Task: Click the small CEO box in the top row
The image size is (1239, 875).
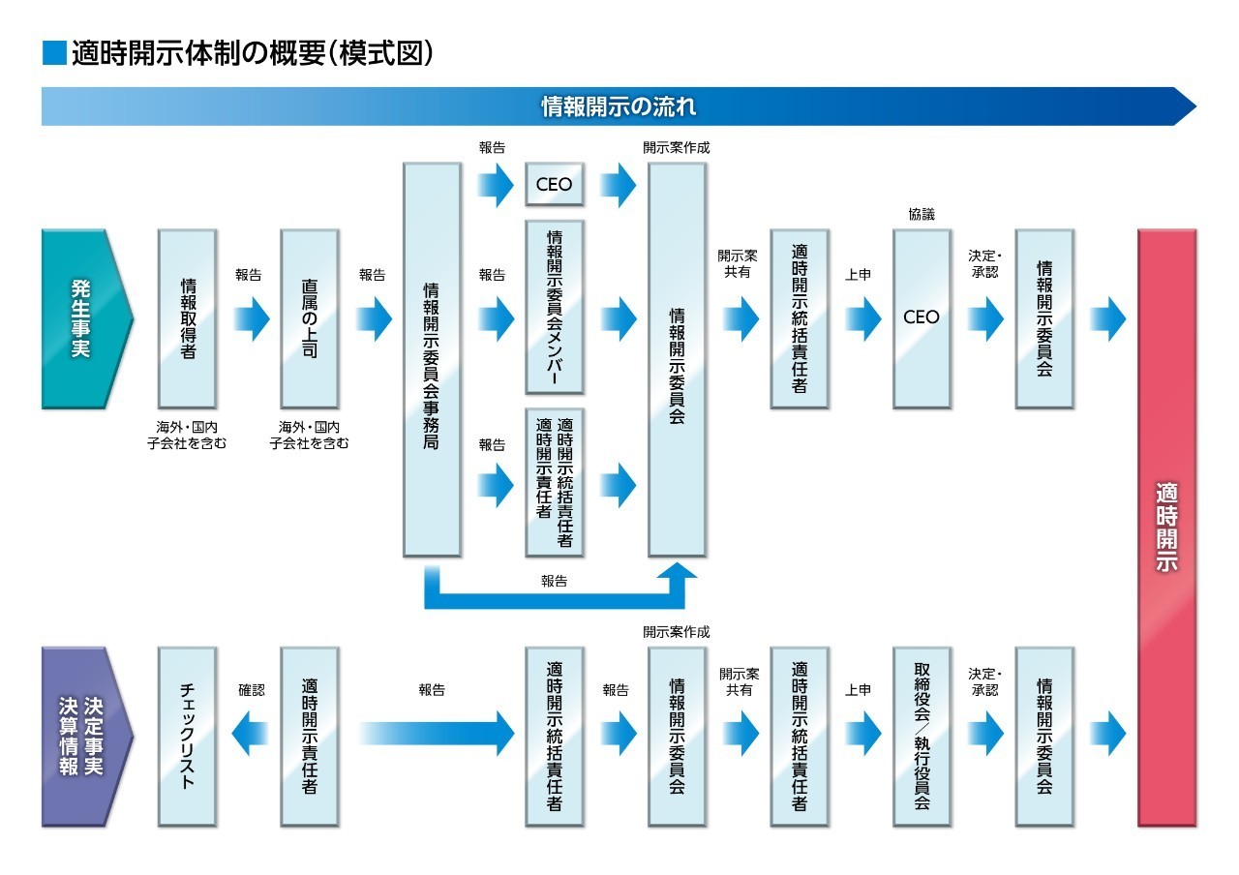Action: [x=555, y=184]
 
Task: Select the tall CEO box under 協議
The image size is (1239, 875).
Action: [x=922, y=317]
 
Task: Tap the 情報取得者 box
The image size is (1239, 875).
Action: [x=187, y=317]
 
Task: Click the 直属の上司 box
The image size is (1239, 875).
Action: [x=309, y=317]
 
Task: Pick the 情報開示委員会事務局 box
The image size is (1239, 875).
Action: [x=432, y=358]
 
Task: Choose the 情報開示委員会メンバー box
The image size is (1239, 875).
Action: [x=555, y=306]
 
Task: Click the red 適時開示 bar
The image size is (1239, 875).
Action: [x=1167, y=528]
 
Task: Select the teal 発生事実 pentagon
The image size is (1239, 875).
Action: [x=82, y=317]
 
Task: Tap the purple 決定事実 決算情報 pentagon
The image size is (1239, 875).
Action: [x=82, y=736]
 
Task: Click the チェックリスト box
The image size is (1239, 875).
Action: [x=187, y=736]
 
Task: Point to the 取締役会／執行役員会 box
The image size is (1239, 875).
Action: [x=922, y=736]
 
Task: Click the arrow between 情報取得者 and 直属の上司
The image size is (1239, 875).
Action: [x=249, y=318]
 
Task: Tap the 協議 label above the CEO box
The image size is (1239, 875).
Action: [x=922, y=215]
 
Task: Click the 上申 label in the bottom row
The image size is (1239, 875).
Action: [x=858, y=690]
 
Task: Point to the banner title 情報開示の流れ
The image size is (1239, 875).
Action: [x=618, y=106]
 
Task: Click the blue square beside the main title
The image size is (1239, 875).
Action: [x=54, y=52]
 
